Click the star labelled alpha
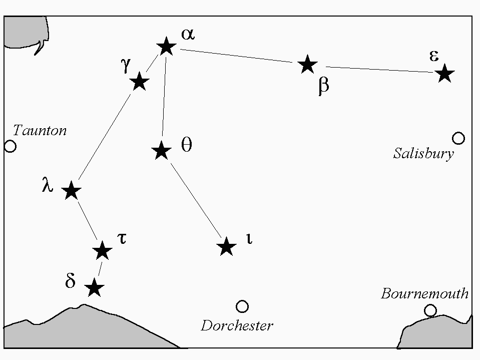[x=166, y=47]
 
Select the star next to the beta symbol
[x=307, y=65]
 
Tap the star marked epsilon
[x=444, y=74]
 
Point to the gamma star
[x=139, y=81]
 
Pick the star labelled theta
[x=161, y=150]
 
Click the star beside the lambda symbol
[x=71, y=190]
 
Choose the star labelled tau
[x=103, y=250]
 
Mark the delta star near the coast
[x=94, y=288]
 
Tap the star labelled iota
[x=226, y=246]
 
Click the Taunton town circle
[x=10, y=146]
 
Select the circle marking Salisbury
[x=458, y=138]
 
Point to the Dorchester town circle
[x=242, y=306]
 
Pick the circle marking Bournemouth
[x=430, y=310]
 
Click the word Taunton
[x=40, y=131]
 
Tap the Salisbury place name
[x=423, y=153]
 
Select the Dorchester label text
[x=237, y=326]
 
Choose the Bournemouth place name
[x=424, y=293]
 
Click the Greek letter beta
[x=323, y=86]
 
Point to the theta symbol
[x=186, y=145]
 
